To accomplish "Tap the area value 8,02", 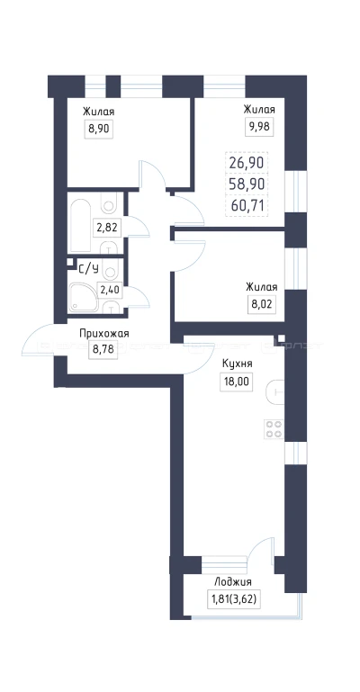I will [260, 304].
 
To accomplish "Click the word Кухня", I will [237, 364].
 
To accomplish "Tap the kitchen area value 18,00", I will [237, 382].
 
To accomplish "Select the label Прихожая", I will [104, 334].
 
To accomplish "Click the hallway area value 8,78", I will [104, 352].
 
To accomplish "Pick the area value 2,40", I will [109, 289].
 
